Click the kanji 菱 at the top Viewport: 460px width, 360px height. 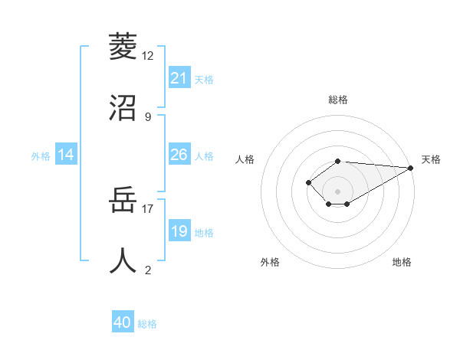click(x=123, y=47)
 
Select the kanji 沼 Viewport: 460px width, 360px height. click(x=123, y=107)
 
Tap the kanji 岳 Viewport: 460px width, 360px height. click(x=123, y=201)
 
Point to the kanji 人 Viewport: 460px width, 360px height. click(x=123, y=260)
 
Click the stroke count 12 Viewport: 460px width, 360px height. click(x=148, y=56)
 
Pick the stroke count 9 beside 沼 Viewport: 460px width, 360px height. click(x=148, y=116)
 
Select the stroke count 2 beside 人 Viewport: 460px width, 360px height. click(x=148, y=270)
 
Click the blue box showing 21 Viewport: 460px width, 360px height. click(x=179, y=77)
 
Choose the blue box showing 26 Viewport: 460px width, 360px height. click(x=179, y=155)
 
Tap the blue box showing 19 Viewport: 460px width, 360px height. click(x=179, y=231)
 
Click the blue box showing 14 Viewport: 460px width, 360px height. click(x=66, y=155)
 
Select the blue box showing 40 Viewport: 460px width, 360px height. click(x=123, y=322)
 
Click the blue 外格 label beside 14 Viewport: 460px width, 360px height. click(x=41, y=155)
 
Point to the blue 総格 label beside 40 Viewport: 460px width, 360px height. click(x=147, y=323)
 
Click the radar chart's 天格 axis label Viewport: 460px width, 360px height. click(x=431, y=159)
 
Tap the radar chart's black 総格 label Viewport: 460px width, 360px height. click(x=337, y=100)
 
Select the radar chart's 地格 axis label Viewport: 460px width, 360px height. click(x=402, y=262)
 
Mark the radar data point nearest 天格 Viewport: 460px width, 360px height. click(x=411, y=168)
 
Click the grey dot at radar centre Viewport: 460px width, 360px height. click(x=337, y=191)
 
